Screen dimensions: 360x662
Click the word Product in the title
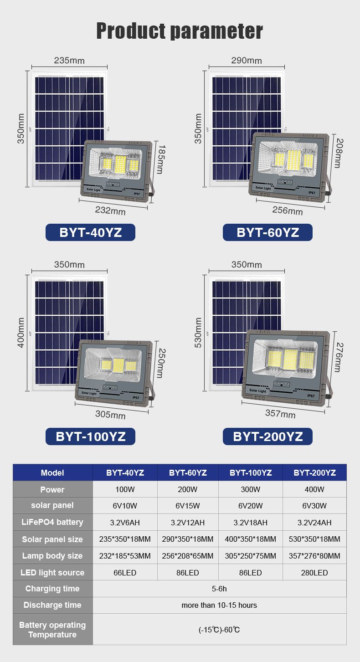131,31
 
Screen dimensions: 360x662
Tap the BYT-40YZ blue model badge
90,232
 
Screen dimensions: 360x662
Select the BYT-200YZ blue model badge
267,436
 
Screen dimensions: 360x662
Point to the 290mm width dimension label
247,61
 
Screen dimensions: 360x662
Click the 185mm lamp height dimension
161,159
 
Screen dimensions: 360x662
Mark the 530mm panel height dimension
198,333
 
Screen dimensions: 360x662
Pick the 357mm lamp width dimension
280,413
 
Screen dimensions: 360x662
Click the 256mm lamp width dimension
287,210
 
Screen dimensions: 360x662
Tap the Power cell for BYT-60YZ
188,489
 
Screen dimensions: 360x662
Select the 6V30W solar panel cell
314,506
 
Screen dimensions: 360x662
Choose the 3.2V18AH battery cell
250,523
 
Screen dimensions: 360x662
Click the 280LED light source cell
314,572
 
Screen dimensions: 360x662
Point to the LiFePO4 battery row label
52,522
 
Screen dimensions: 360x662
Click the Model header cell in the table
52,472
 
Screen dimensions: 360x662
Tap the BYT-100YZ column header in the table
251,473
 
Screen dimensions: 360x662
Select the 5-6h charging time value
219,589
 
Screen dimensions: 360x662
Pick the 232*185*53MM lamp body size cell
125,556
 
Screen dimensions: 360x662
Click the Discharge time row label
52,605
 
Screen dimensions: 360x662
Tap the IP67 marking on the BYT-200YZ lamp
311,396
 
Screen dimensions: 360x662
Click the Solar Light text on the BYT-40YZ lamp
93,190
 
